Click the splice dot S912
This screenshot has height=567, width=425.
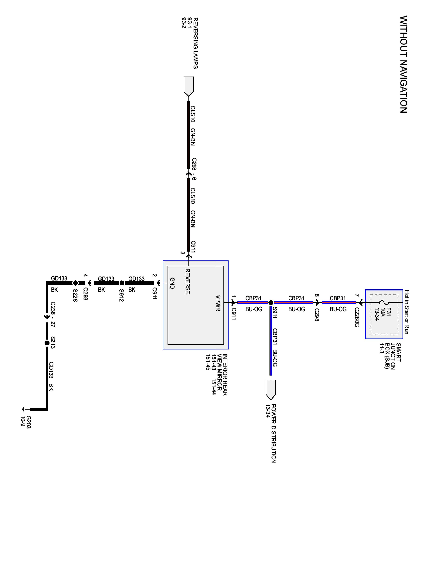(x=122, y=283)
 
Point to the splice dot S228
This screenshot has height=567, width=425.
(x=75, y=283)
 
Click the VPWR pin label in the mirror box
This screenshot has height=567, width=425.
(x=218, y=303)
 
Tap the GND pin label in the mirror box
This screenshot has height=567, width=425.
(x=172, y=283)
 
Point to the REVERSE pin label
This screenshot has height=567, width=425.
(x=188, y=281)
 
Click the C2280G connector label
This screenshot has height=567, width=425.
(x=357, y=317)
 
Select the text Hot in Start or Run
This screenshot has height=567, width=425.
(x=407, y=312)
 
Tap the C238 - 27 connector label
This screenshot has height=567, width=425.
(x=53, y=314)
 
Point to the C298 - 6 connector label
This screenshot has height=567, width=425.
(x=194, y=169)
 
